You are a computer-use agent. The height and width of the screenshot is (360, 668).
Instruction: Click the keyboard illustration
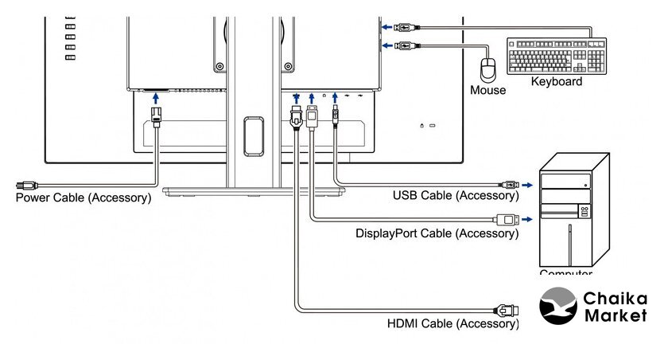click(x=556, y=56)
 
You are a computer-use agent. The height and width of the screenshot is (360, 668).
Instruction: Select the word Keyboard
click(x=556, y=81)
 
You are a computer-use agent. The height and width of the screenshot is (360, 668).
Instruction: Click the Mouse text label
click(x=487, y=90)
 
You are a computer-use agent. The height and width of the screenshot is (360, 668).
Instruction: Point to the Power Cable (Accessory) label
click(x=83, y=198)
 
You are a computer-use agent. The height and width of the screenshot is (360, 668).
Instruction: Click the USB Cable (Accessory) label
click(x=456, y=195)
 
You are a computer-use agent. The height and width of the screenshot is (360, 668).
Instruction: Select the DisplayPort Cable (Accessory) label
click(x=437, y=233)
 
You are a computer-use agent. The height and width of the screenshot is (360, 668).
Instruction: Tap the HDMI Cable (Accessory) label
click(x=452, y=323)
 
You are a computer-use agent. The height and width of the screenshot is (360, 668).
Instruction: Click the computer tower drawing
click(x=573, y=211)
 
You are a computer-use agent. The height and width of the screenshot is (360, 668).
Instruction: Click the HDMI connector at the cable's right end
click(x=507, y=309)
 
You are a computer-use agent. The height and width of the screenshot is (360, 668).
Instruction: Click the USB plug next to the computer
click(x=510, y=184)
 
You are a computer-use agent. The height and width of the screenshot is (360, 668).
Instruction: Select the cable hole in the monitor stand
click(x=254, y=135)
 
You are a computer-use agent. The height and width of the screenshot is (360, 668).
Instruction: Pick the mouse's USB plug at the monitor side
click(x=404, y=45)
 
